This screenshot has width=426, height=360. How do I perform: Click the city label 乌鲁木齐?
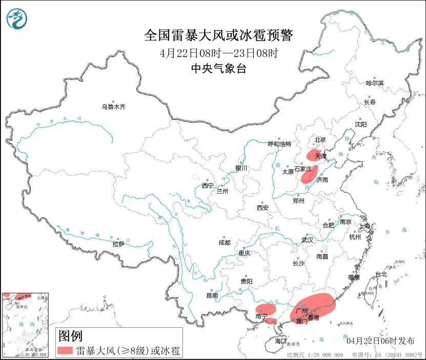(x=113, y=107)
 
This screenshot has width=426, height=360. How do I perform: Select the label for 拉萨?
(x=118, y=244)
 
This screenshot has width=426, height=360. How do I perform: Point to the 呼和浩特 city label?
(x=279, y=144)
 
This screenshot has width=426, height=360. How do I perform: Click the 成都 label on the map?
(x=224, y=242)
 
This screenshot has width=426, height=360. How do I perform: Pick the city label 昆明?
(x=212, y=295)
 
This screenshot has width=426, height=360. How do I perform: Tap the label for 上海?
(x=365, y=226)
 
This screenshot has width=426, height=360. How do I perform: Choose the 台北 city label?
(x=381, y=274)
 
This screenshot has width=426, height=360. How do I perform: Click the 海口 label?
(x=280, y=341)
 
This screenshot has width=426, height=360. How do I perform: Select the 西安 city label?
(x=262, y=208)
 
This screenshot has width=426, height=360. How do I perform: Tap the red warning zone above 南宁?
(x=266, y=309)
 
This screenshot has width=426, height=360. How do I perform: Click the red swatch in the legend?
(x=66, y=351)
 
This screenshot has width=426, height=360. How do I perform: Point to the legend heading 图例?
(x=70, y=336)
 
